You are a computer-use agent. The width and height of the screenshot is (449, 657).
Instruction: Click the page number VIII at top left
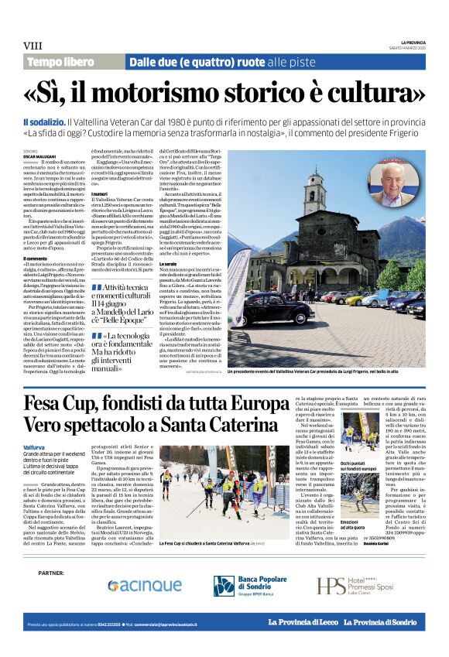point(33,46)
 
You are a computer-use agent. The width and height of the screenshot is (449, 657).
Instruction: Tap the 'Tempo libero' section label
point(60,62)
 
